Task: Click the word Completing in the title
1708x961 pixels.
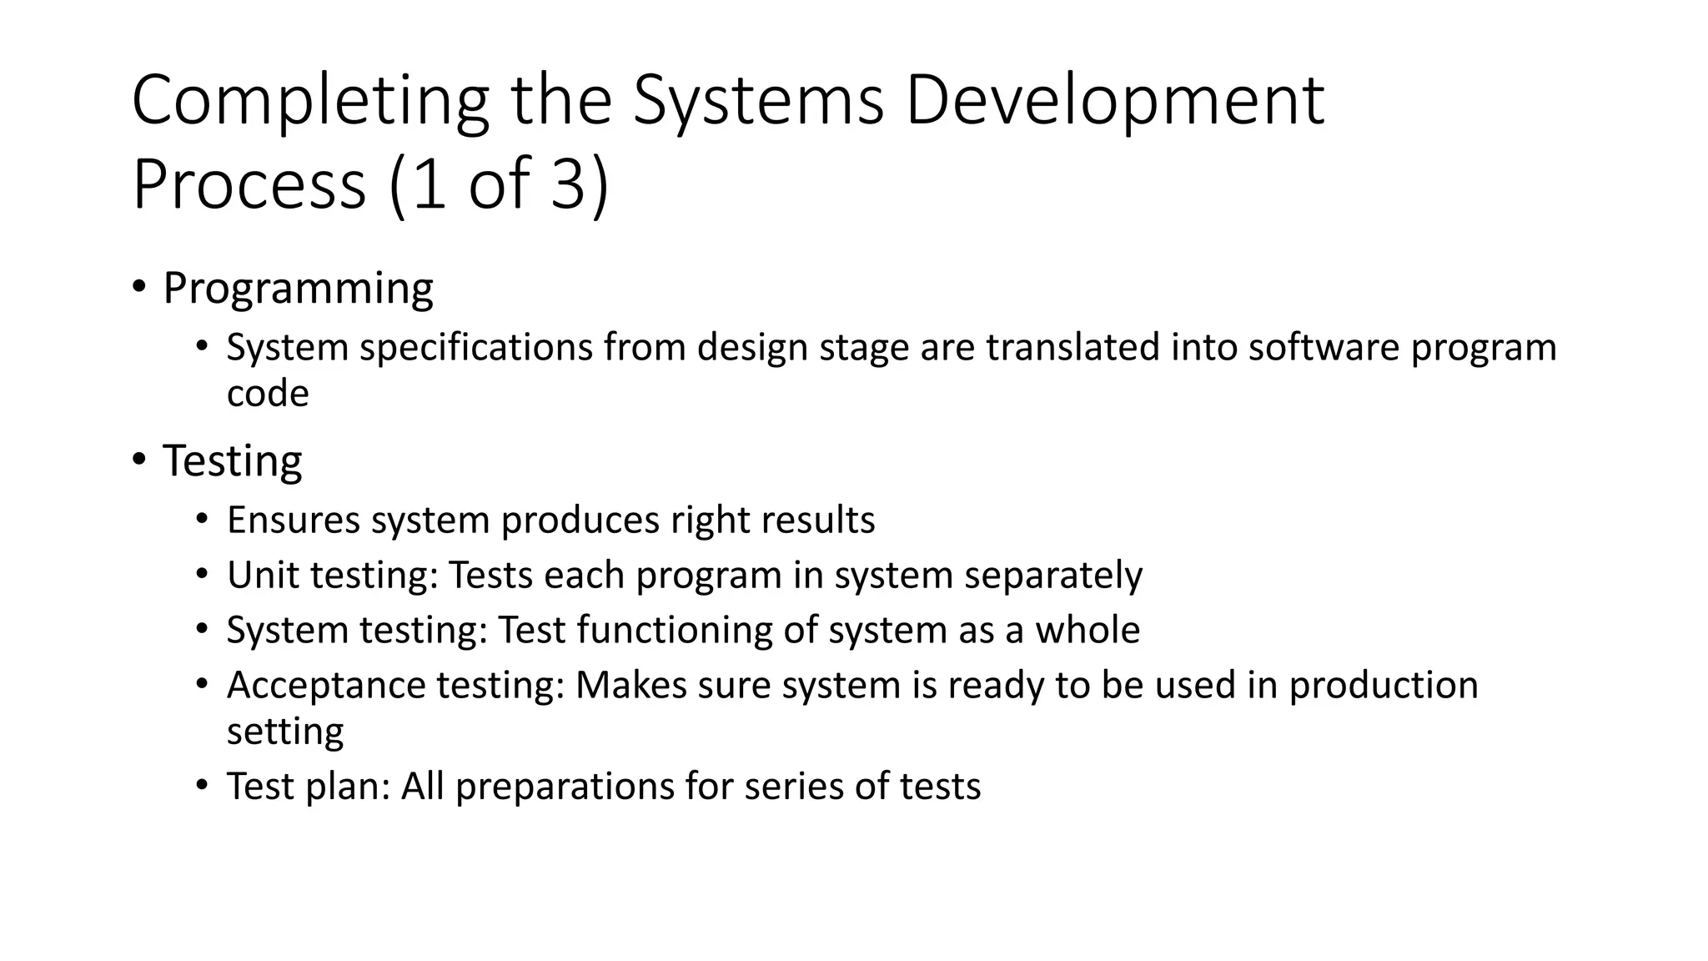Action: click(x=309, y=101)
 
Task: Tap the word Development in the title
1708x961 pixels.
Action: click(x=1114, y=101)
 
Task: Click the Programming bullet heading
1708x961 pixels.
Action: click(x=298, y=289)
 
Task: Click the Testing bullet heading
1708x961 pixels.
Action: click(x=232, y=460)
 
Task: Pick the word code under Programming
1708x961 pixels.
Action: click(x=268, y=393)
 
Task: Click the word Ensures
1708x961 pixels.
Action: click(x=294, y=520)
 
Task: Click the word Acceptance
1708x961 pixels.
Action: click(x=326, y=686)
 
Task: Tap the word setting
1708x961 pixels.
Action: click(x=285, y=732)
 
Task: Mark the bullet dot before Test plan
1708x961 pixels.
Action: click(x=201, y=785)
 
